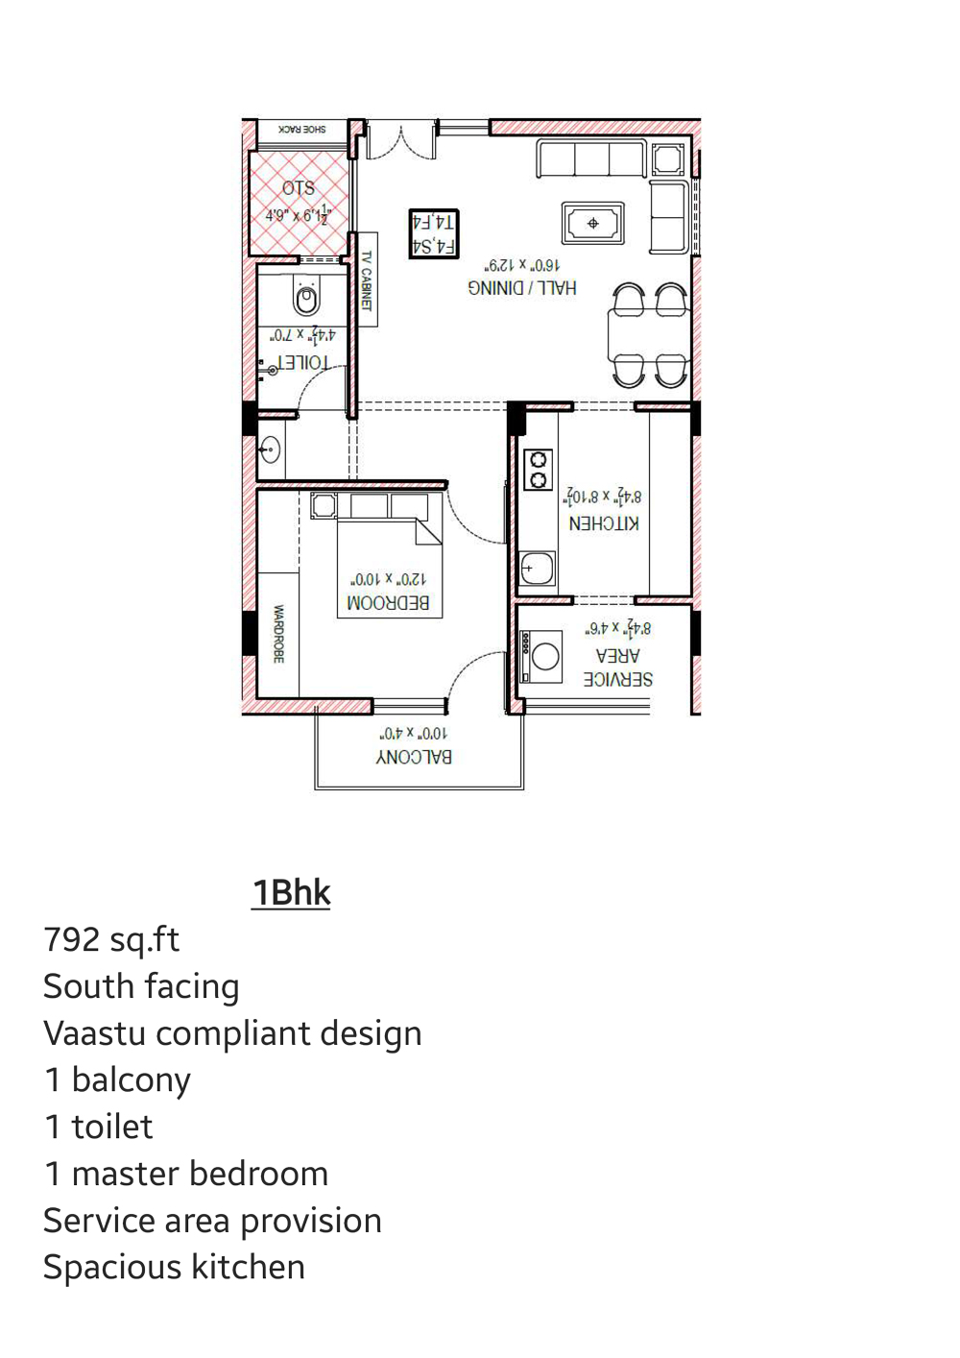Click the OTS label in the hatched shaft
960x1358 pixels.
point(299,188)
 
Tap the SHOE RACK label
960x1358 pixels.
point(301,129)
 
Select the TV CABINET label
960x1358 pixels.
point(366,280)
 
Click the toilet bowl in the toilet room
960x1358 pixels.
point(306,299)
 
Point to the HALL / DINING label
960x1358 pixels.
point(522,287)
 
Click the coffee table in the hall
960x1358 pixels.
point(593,224)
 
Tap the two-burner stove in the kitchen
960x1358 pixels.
point(539,471)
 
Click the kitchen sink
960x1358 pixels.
point(537,569)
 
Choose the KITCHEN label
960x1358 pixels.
point(604,523)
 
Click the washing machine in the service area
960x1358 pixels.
point(543,657)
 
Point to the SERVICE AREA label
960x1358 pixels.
point(617,667)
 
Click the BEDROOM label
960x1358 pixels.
point(389,603)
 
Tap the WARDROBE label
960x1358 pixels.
point(278,634)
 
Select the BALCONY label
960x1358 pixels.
point(414,757)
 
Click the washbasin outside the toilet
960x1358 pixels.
point(271,449)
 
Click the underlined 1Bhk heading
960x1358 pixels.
point(291,892)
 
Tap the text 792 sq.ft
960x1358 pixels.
point(111,939)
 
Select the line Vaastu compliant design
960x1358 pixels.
point(232,1033)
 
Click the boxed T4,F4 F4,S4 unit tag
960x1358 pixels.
point(434,234)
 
